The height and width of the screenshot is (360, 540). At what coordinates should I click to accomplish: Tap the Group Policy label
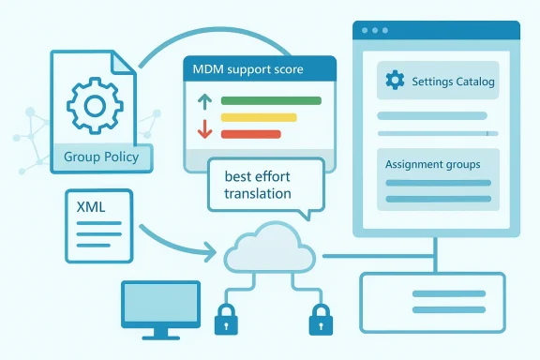pyautogui.click(x=101, y=157)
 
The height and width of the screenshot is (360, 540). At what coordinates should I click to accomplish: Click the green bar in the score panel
pyautogui.click(x=270, y=100)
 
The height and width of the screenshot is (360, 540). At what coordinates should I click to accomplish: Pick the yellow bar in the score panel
pyautogui.click(x=258, y=117)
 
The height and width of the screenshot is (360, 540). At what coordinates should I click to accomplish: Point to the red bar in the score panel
pyautogui.click(x=250, y=134)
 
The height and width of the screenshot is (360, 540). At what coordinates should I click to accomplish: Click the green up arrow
pyautogui.click(x=202, y=101)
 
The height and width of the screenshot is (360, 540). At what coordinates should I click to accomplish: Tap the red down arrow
pyautogui.click(x=202, y=129)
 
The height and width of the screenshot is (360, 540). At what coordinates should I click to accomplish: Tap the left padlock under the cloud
pyautogui.click(x=226, y=321)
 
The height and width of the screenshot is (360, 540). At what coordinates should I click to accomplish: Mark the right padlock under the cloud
pyautogui.click(x=320, y=321)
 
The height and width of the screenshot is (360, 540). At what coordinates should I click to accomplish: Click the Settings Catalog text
pyautogui.click(x=453, y=82)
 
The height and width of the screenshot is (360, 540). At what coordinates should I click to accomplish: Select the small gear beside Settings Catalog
pyautogui.click(x=395, y=82)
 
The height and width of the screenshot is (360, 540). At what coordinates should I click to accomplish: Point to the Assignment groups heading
pyautogui.click(x=432, y=164)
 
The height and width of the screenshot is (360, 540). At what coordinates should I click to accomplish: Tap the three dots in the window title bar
pyautogui.click(x=374, y=30)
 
